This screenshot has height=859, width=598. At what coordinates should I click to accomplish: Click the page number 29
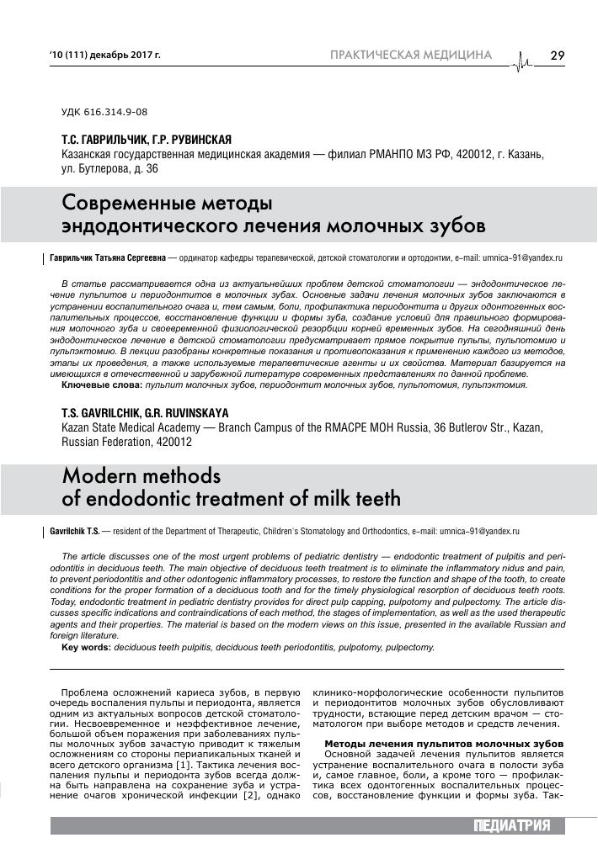(x=558, y=56)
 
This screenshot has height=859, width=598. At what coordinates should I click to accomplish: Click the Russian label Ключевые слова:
(x=102, y=384)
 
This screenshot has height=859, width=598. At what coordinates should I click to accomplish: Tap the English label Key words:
(x=88, y=647)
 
